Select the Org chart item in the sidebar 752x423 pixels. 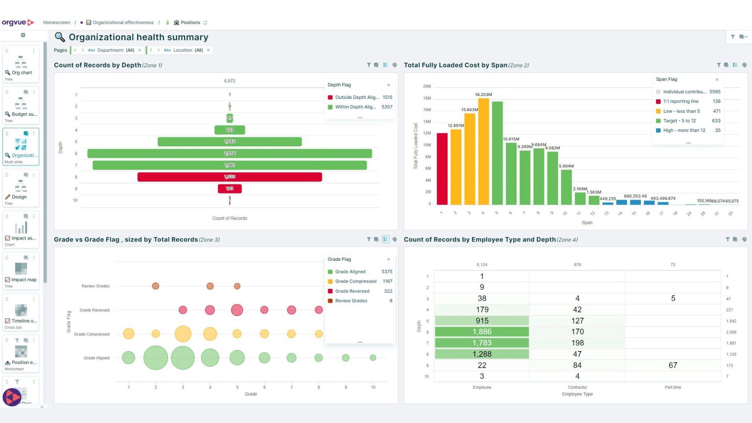tap(21, 72)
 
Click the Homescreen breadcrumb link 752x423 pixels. tap(56, 23)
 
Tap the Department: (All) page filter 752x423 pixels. tap(116, 50)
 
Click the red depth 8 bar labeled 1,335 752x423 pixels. tap(230, 177)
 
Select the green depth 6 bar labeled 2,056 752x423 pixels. tap(230, 153)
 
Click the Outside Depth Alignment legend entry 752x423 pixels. tap(356, 97)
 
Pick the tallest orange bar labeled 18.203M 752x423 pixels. tap(483, 151)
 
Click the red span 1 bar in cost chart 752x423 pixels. tap(442, 168)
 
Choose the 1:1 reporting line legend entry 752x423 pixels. tap(681, 101)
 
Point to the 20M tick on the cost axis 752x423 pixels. tap(426, 86)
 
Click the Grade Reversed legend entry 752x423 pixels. tap(352, 291)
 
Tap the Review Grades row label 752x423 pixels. tap(95, 286)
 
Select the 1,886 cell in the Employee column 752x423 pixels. tap(482, 332)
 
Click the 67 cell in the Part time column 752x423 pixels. tap(673, 365)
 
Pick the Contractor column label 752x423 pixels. tap(577, 387)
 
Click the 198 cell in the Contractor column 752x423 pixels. tap(577, 343)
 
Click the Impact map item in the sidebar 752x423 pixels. tap(23, 280)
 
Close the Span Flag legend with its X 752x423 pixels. tap(717, 79)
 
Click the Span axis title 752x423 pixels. tap(587, 223)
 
